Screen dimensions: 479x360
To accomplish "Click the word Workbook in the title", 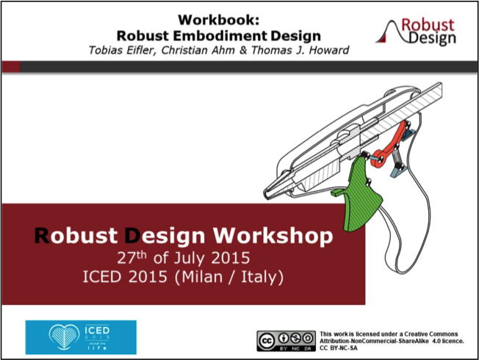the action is [218, 20].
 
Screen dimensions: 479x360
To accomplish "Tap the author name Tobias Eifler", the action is [122, 50].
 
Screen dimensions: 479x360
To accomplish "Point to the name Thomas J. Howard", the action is [300, 50].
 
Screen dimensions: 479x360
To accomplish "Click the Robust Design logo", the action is [416, 32].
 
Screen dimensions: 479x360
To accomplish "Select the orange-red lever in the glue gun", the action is [392, 145].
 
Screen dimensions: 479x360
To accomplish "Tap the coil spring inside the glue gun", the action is [397, 156].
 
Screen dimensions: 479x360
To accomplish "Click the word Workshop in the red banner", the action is [273, 237].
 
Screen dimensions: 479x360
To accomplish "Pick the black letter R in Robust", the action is [42, 236].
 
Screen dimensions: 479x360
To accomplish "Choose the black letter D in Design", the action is [132, 236].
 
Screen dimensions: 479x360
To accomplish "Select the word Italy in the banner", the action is [259, 277].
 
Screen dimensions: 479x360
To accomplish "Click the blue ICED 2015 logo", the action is [81, 337].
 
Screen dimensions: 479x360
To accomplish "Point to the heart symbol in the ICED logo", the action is [64, 336].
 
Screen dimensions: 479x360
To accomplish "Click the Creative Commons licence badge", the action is [287, 341].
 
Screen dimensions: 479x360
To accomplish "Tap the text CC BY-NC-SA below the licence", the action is [339, 348].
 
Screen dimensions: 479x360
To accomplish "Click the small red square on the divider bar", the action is [11, 67].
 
